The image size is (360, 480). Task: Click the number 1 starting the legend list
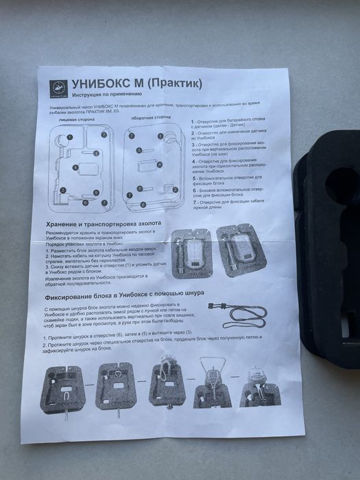(x=193, y=121)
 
